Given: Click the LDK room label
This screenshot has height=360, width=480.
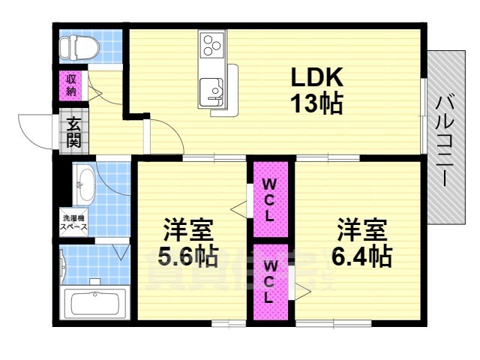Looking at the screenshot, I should (x=316, y=76).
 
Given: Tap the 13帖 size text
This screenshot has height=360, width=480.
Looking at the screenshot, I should (x=316, y=103).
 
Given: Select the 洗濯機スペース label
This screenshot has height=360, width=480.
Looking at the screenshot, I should (x=74, y=222).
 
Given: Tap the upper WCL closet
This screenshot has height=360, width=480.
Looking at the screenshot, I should (x=269, y=198).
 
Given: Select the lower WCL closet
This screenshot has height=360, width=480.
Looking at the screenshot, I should (x=269, y=281).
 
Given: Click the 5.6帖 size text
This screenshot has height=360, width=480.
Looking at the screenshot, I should (x=187, y=257).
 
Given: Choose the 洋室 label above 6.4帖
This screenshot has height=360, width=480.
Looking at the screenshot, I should (x=361, y=227).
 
